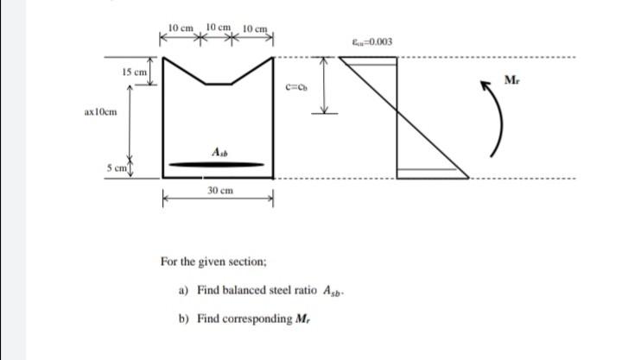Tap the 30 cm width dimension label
coord(218,188)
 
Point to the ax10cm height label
coord(101,112)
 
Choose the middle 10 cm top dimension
coord(218,28)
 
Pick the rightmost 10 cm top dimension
coord(257,30)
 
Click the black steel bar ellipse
coord(216,163)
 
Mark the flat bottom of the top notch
coord(218,84)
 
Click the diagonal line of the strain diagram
coord(430,117)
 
